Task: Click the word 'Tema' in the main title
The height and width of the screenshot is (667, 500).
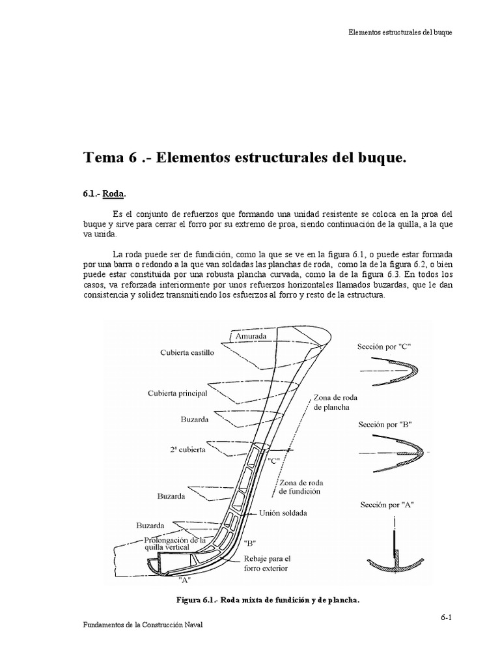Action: point(105,158)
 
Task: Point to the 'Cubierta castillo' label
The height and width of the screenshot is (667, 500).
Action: point(187,352)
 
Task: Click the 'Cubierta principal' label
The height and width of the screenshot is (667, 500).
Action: point(177,393)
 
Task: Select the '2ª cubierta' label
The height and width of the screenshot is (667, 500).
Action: point(186,449)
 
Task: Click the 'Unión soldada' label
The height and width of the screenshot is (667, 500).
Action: point(283,513)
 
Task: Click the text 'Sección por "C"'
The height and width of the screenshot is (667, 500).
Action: point(385,347)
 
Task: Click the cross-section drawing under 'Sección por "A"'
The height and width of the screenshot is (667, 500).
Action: point(395,552)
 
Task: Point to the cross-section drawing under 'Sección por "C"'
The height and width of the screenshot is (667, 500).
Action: point(389,374)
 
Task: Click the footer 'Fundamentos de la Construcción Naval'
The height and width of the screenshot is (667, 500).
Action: point(144,625)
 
